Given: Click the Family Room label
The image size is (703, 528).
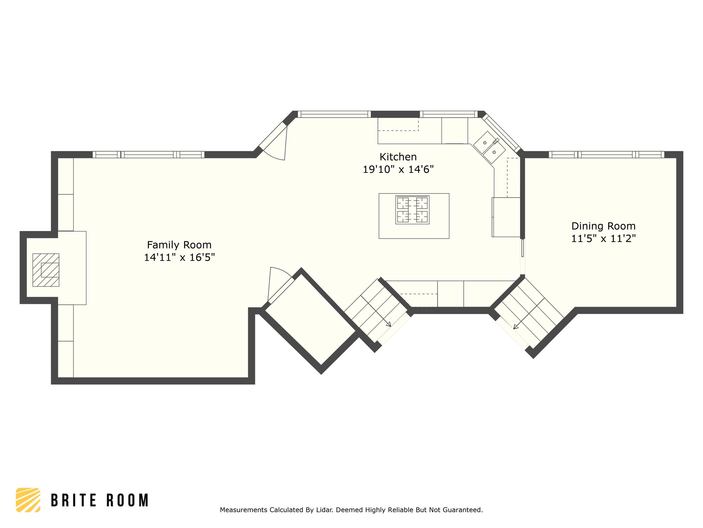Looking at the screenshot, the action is click(179, 245).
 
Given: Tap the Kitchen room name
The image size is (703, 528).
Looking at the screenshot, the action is click(398, 157).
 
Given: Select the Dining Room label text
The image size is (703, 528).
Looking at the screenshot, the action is click(603, 226).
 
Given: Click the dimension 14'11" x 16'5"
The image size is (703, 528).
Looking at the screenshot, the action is click(179, 257).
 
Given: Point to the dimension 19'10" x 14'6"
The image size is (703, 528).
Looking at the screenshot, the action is click(398, 169).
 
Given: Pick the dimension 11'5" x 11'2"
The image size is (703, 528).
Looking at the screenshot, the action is click(603, 239).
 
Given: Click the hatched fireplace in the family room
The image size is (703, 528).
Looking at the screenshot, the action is click(46, 270).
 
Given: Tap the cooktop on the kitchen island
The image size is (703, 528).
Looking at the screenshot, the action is click(412, 210).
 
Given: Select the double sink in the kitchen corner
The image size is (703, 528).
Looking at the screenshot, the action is click(489, 147).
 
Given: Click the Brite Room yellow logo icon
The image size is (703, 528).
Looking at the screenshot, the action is click(28, 500).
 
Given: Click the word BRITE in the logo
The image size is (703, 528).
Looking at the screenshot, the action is click(73, 500).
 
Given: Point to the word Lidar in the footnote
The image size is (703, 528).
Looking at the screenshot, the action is click(324, 510).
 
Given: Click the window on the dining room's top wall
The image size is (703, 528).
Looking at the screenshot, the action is click(607, 155).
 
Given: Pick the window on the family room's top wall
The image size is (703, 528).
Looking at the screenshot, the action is click(149, 155).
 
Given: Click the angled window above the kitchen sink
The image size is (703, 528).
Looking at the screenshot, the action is click(501, 133).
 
